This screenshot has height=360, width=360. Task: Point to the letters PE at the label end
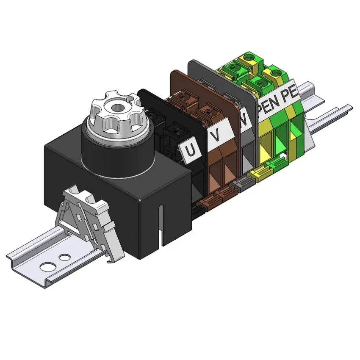pyautogui.click(x=291, y=94)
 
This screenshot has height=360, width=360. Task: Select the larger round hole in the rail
pyautogui.click(x=48, y=266)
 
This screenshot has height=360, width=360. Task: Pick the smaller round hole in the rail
pyautogui.click(x=64, y=257)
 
